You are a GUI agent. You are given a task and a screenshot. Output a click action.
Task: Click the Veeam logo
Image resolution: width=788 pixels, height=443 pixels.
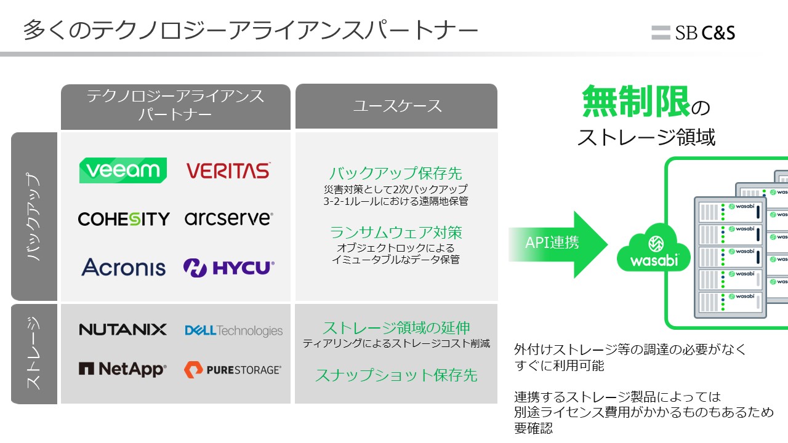[123, 170]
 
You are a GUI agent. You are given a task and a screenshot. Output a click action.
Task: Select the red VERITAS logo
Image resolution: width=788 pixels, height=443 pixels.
[228, 171]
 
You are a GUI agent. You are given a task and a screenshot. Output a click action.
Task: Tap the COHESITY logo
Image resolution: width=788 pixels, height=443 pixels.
[124, 218]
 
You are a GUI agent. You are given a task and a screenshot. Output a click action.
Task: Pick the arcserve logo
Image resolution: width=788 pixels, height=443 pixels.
[228, 218]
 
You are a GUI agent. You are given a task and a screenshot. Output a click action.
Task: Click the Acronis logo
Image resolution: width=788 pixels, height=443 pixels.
[124, 267]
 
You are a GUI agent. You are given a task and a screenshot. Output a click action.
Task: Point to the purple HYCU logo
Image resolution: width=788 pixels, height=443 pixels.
[228, 268]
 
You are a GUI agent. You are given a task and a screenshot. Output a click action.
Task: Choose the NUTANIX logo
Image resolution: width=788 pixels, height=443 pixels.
[123, 330]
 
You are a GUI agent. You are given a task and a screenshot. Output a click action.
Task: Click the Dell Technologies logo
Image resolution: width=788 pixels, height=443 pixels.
[233, 330]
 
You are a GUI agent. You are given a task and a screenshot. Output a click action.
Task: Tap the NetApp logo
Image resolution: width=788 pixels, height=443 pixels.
[123, 369]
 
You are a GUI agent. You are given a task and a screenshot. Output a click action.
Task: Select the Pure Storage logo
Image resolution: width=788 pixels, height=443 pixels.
[233, 370]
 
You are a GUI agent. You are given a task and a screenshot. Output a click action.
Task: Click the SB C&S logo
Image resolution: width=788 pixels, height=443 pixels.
[693, 33]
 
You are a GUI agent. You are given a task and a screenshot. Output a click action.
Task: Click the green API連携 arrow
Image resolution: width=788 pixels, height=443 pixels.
[558, 244]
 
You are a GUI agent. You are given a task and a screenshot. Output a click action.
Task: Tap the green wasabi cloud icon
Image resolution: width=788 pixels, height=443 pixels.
[654, 248]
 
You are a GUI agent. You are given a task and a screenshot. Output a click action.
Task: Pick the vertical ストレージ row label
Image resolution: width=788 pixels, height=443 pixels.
[34, 354]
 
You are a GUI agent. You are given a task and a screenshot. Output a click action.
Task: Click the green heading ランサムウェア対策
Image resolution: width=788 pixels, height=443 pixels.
[396, 233]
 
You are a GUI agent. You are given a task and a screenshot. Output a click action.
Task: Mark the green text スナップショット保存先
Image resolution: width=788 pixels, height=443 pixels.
[396, 375]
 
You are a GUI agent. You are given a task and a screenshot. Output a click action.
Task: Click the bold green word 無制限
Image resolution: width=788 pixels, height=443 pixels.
[635, 102]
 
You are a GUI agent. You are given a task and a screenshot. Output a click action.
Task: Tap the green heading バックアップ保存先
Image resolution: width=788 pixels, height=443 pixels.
[396, 174]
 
